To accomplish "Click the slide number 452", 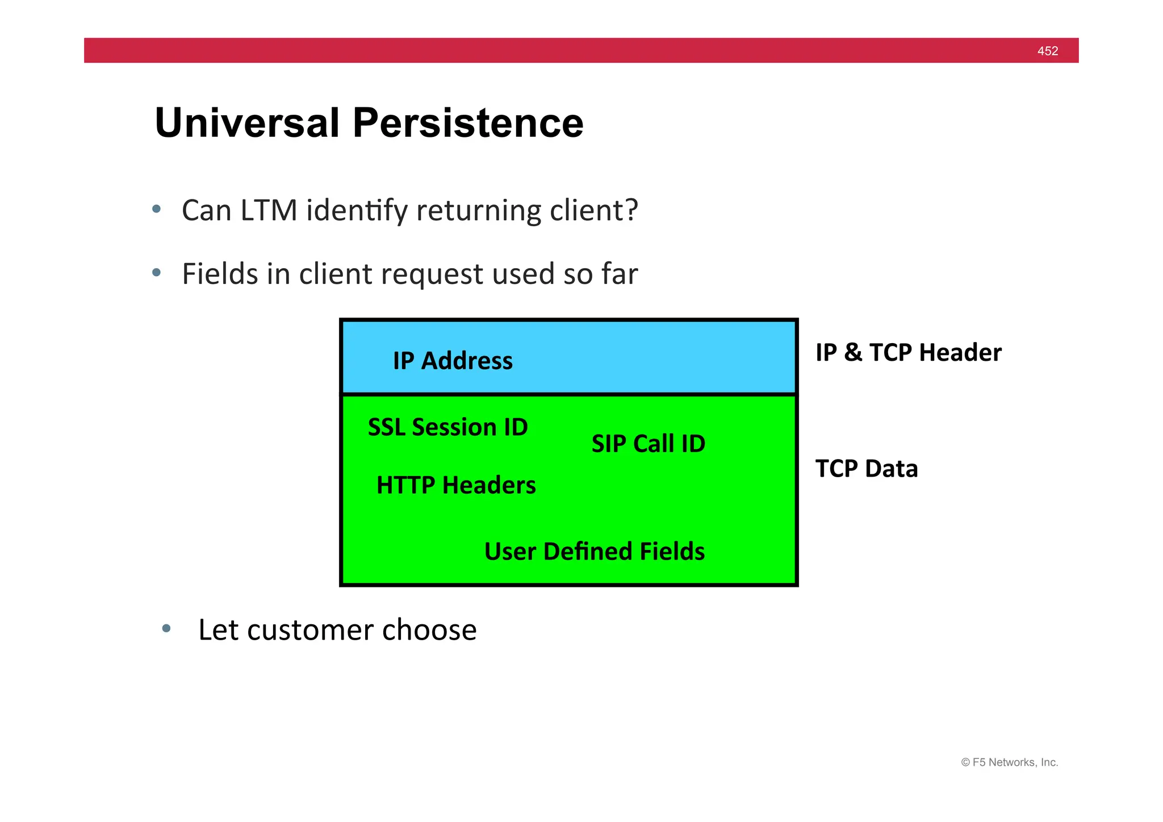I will pyautogui.click(x=1047, y=51).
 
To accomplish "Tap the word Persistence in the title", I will pyautogui.click(x=468, y=123).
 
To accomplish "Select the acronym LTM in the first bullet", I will pyautogui.click(x=269, y=210).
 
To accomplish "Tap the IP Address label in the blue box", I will pyautogui.click(x=453, y=361).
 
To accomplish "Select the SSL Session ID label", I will pyautogui.click(x=447, y=427).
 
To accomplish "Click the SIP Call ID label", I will pyautogui.click(x=648, y=444).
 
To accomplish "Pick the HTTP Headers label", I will pyautogui.click(x=456, y=485).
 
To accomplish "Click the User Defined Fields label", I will pyautogui.click(x=594, y=552).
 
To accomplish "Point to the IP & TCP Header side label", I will pyautogui.click(x=908, y=353).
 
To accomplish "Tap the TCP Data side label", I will pyautogui.click(x=866, y=469).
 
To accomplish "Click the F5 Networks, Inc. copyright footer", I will pyautogui.click(x=1009, y=762).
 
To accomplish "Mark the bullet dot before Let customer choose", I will pyautogui.click(x=166, y=628).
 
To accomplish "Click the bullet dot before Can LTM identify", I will pyautogui.click(x=157, y=209).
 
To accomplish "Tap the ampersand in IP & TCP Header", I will pyautogui.click(x=852, y=353).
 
